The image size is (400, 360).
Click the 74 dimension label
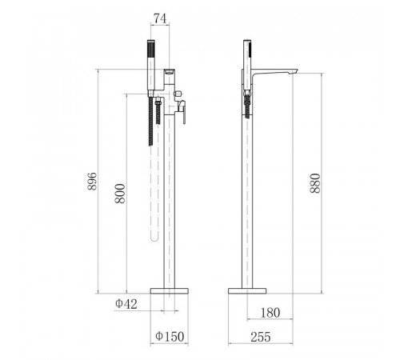click(160, 18)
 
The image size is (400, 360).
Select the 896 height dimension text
click(92, 181)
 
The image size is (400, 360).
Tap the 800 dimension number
click(120, 194)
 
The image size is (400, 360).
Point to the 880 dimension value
click(315, 183)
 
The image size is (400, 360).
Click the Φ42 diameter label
click(126, 304)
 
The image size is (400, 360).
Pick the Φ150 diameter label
click(170, 336)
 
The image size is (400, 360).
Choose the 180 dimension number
click(270, 313)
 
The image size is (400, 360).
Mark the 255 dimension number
click(261, 337)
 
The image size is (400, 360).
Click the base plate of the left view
click(170, 291)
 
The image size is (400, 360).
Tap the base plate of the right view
click(247, 291)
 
